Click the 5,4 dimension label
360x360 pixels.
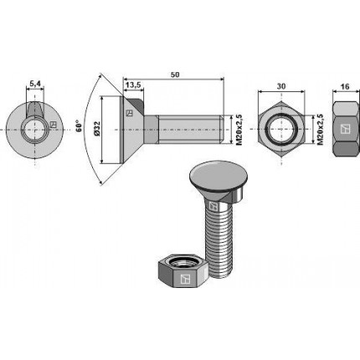pyautogui.click(x=35, y=83)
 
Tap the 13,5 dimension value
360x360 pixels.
pyautogui.click(x=132, y=85)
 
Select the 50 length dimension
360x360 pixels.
pyautogui.click(x=176, y=75)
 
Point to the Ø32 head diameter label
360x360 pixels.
pyautogui.click(x=97, y=129)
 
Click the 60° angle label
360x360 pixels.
pyautogui.click(x=79, y=126)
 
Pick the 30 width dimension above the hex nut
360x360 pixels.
pyautogui.click(x=281, y=86)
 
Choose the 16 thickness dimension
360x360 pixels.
pyautogui.click(x=345, y=87)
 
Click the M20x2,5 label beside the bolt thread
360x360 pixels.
pyautogui.click(x=239, y=129)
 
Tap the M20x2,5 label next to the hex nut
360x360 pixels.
pyautogui.click(x=321, y=129)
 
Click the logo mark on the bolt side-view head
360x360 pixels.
pyautogui.click(x=129, y=113)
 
